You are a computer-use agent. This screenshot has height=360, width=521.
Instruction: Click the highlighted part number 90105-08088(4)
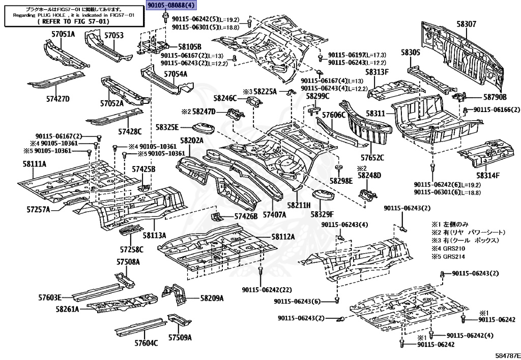[171, 6]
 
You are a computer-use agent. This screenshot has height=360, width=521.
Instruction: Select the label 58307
[466, 24]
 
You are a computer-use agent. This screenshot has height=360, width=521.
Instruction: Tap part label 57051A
[63, 34]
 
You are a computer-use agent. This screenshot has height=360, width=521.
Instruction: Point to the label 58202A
[192, 141]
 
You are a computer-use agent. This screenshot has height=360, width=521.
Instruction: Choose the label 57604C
[146, 343]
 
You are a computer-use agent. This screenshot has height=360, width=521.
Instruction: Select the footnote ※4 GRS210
[448, 248]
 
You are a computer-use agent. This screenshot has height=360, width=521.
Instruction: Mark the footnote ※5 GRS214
[448, 257]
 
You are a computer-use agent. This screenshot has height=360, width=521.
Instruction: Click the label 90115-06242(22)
[267, 290]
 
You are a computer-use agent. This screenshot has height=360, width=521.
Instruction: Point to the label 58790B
[495, 97]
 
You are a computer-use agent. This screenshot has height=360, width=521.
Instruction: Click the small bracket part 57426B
[217, 216]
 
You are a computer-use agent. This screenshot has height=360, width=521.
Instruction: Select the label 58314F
[488, 175]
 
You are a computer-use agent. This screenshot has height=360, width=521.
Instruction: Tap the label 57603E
[50, 297]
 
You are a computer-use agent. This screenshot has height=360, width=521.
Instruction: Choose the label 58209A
[212, 298]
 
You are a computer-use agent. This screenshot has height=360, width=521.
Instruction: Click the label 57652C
[372, 157]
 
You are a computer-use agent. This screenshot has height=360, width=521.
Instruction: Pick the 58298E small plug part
[338, 167]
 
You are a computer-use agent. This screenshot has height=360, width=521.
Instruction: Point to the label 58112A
[283, 237]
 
